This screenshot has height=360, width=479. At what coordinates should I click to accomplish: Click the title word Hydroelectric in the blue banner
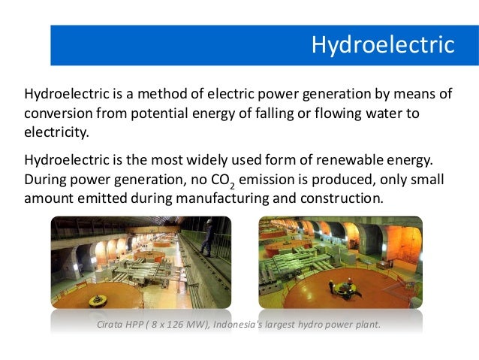tap(383, 45)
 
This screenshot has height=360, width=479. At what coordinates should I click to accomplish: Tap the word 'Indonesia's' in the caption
tap(233, 325)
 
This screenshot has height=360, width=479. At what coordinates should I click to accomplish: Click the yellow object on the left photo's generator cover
tap(96, 301)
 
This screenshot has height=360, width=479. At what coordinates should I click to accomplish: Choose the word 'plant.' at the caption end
tap(367, 325)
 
